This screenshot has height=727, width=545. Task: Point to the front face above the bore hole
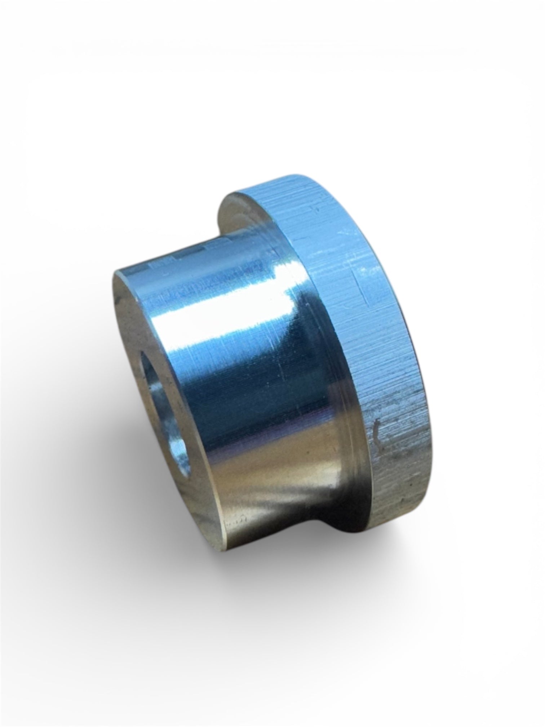(133, 325)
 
